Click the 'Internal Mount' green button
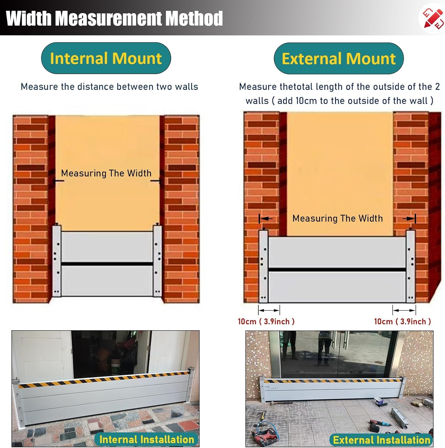106,58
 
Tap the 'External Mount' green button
339,58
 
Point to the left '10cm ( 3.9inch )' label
266,321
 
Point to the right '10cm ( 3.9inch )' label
403,321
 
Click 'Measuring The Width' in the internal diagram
106,173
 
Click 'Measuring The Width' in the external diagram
337,218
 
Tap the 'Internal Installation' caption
147,439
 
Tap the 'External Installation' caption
381,440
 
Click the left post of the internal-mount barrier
57,260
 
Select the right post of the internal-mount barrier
157,260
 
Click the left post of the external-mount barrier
263,266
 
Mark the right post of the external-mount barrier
411,266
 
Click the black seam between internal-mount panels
107,264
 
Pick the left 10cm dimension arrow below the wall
269,310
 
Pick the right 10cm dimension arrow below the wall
404,310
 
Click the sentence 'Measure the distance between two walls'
109,87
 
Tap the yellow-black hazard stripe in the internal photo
104,379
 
